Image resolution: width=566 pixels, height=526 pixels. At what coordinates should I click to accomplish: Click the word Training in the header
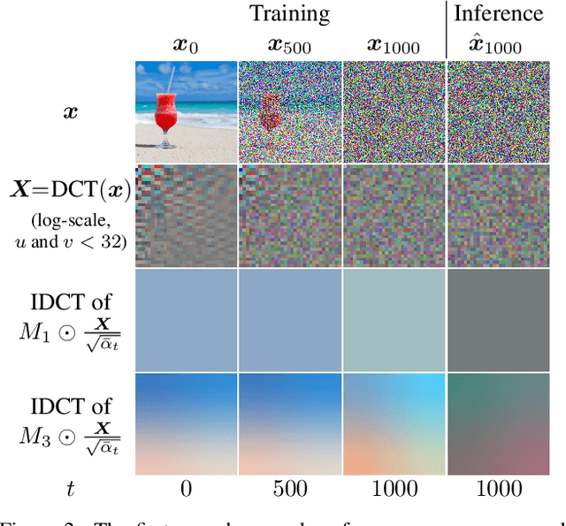click(x=289, y=13)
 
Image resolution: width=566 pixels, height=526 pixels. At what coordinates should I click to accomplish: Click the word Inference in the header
click(x=500, y=13)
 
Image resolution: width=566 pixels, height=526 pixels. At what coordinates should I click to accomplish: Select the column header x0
click(x=185, y=44)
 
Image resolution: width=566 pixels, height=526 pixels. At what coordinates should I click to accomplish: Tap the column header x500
click(x=289, y=44)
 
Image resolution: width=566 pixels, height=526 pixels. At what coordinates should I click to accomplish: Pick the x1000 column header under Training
click(x=393, y=44)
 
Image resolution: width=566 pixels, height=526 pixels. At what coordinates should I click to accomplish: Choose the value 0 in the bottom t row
click(x=185, y=488)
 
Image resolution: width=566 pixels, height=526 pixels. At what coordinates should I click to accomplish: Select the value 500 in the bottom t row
click(x=289, y=488)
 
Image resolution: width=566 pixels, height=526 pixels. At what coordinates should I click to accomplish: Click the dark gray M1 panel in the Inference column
click(x=497, y=319)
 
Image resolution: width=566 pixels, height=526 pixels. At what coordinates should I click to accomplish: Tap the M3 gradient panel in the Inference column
click(x=497, y=423)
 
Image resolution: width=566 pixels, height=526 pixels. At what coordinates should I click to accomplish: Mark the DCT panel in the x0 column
click(x=185, y=216)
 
